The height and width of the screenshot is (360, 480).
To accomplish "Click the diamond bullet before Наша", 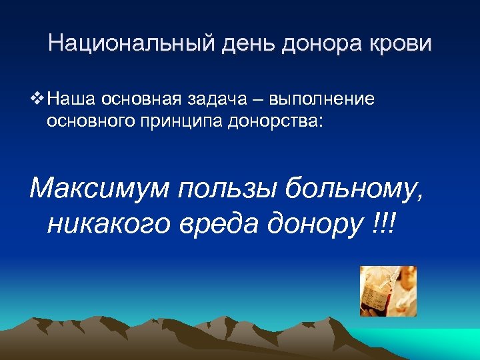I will click(37, 99).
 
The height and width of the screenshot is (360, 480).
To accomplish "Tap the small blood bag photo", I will click(388, 291).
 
